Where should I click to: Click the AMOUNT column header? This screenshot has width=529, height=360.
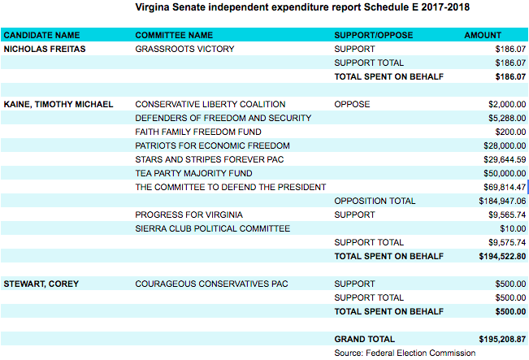tap(483, 35)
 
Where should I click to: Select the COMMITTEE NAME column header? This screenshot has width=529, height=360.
tap(174, 35)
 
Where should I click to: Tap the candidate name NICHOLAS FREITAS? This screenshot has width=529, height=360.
tap(45, 49)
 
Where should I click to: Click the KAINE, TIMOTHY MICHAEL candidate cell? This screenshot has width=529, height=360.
tap(59, 104)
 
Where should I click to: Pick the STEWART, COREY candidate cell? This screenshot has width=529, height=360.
tap(41, 284)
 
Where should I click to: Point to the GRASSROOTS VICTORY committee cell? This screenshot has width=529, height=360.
tap(184, 49)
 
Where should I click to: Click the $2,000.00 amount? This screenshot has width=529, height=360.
tap(507, 104)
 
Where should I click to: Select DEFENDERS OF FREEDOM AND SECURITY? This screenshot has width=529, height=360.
tap(223, 118)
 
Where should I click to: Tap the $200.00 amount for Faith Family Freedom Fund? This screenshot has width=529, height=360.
tap(510, 132)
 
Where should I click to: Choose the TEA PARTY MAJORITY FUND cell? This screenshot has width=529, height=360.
tap(193, 173)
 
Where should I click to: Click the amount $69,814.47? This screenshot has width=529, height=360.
tap(505, 187)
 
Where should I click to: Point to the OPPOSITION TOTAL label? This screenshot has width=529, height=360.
tap(375, 201)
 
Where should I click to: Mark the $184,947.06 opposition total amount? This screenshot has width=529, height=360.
tap(502, 201)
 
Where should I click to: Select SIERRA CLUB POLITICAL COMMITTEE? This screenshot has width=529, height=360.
tap(213, 228)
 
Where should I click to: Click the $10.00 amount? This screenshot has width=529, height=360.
tap(513, 228)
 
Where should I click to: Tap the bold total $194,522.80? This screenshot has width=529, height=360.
tap(502, 257)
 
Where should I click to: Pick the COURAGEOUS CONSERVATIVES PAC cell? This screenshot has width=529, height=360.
tap(211, 284)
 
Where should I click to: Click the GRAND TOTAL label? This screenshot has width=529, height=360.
tap(364, 339)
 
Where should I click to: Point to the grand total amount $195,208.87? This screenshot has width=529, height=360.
tap(502, 339)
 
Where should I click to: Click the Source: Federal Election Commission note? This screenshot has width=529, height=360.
tap(405, 353)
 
